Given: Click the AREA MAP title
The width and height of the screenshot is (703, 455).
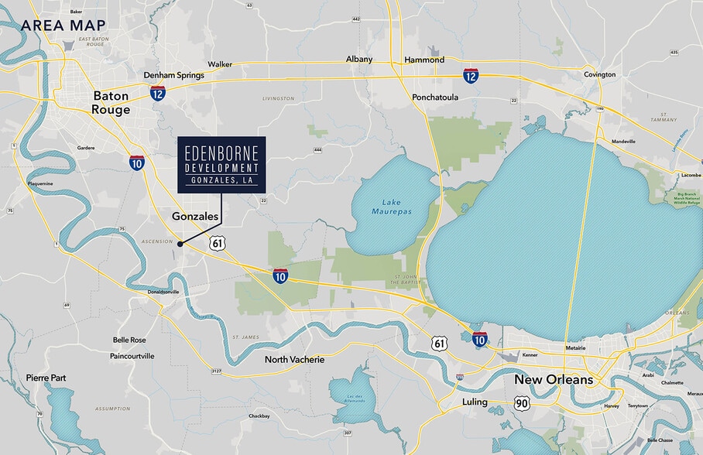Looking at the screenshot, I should click(63, 25).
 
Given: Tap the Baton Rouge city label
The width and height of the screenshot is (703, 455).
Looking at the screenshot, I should click(111, 102).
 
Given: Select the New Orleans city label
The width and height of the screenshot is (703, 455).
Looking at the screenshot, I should click(554, 380).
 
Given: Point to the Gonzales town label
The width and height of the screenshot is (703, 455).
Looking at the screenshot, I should click(194, 217).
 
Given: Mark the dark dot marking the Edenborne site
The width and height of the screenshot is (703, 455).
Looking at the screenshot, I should click(180, 244).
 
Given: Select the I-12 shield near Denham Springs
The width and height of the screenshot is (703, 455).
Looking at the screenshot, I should click(158, 93).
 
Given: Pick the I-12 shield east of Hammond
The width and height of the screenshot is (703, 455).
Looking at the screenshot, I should click(471, 75).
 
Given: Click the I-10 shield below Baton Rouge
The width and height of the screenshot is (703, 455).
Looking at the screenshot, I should click(137, 162).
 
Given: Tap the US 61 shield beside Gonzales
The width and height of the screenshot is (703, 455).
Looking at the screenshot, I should click(218, 243).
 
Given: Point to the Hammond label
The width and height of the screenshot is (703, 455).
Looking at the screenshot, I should click(424, 60).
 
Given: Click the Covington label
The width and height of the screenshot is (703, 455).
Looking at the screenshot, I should click(599, 74).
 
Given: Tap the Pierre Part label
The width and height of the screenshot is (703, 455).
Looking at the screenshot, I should click(46, 378).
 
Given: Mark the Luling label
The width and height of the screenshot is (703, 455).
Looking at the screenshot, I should click(475, 402).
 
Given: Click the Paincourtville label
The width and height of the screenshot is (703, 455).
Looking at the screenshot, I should click(122, 356).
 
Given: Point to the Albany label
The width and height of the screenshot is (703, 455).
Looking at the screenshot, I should click(358, 59).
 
